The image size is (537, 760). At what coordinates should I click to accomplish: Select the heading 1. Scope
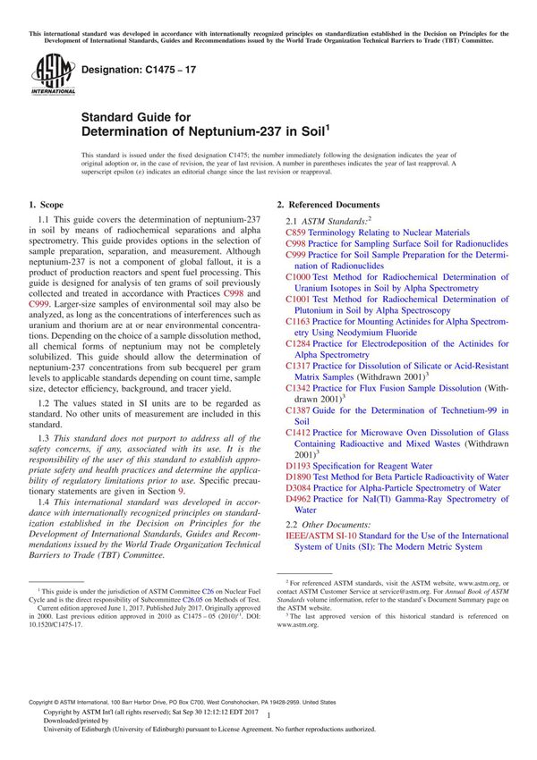(51, 205)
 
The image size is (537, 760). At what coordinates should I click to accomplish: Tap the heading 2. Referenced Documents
(328, 205)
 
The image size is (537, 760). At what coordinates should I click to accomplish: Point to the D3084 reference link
(298, 488)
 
